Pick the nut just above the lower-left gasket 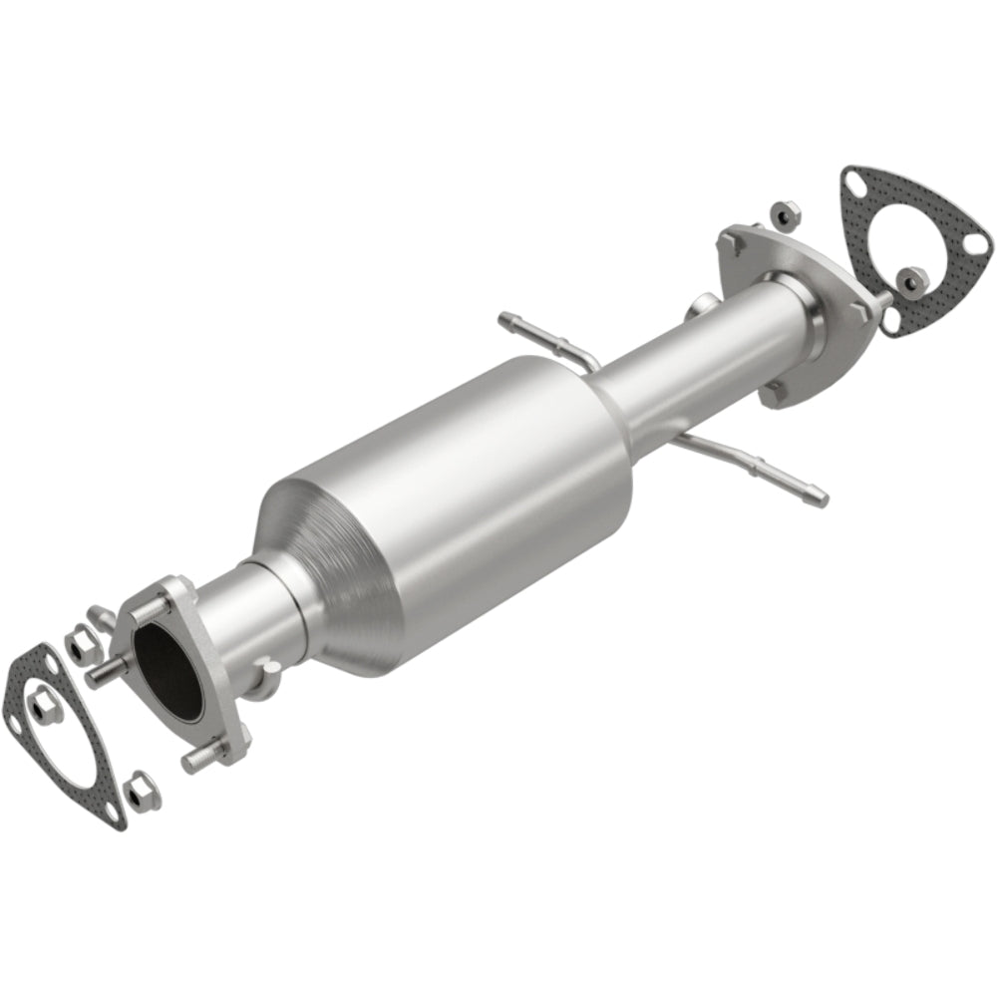(79, 646)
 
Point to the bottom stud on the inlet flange (196, 760)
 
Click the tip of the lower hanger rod (820, 491)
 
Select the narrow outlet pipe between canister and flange (698, 344)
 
